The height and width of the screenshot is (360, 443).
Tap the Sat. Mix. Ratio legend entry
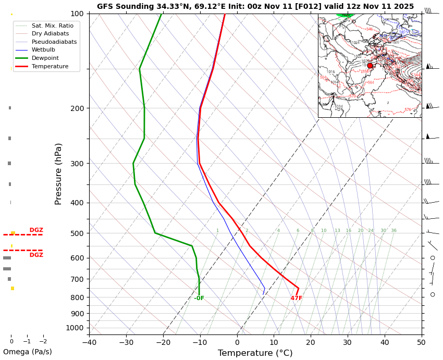52,26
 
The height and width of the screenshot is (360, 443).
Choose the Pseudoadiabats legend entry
54,42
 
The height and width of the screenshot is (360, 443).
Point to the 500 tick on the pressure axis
77,233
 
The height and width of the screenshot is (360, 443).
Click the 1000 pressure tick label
76,328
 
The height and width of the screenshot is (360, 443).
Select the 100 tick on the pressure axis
77,14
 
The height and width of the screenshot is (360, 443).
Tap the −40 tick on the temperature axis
89,342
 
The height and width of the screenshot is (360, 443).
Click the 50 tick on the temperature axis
421,342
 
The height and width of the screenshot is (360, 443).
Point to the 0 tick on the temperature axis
237,342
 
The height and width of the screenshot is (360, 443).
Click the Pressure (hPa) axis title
59,173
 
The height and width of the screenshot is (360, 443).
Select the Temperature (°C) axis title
255,353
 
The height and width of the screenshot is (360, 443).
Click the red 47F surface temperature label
297,299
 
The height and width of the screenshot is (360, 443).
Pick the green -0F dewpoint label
199,299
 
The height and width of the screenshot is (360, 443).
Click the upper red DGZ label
36,230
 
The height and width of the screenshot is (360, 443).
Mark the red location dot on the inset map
370,66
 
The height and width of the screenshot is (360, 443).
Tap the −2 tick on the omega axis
43,342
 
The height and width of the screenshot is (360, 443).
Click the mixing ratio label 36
394,231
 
